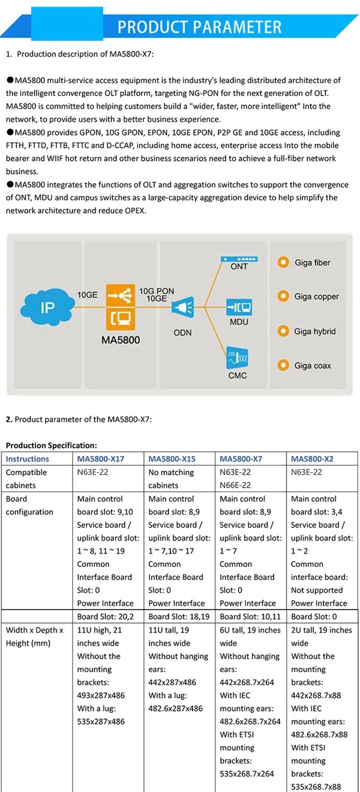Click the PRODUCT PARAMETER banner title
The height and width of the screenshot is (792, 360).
(x=199, y=27)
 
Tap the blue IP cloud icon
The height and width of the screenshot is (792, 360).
(x=47, y=307)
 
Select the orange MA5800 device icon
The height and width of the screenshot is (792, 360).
(x=121, y=307)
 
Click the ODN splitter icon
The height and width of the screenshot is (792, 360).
(x=183, y=307)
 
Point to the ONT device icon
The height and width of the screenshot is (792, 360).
(x=239, y=259)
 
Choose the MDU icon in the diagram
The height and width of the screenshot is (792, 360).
(x=239, y=307)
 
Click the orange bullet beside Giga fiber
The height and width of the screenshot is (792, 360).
(x=283, y=262)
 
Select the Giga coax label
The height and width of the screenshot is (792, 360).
(x=313, y=365)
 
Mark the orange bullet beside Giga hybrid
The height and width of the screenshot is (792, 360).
(x=283, y=331)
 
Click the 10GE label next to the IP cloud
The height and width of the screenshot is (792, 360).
(x=88, y=295)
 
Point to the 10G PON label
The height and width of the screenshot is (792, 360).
(x=157, y=291)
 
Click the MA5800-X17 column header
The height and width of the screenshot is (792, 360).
(x=101, y=459)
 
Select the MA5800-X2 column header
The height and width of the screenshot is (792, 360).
(x=312, y=459)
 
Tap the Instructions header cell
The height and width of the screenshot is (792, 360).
(x=27, y=459)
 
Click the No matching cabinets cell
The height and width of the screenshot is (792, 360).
(x=171, y=479)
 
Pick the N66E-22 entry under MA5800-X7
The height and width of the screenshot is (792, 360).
(x=235, y=485)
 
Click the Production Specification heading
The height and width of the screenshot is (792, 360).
(x=51, y=445)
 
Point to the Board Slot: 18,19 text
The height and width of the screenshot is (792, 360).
(x=179, y=617)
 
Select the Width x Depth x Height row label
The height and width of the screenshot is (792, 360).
(x=35, y=637)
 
